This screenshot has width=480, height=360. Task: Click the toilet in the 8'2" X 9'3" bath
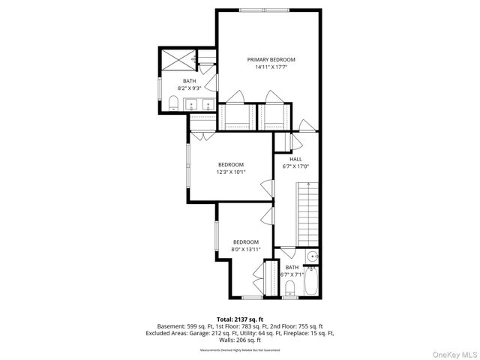[172, 103]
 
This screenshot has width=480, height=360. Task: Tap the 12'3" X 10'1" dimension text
[231, 172]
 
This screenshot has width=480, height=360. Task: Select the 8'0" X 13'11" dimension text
[245, 249]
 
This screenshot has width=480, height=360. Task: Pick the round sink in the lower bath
[313, 256]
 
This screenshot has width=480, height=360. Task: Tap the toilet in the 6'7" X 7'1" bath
[290, 286]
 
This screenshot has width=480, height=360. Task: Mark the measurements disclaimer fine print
[240, 349]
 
